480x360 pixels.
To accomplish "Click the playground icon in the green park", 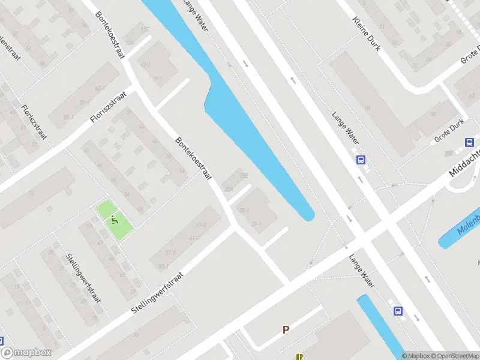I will pos(115,220).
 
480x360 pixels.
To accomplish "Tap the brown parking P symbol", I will pos(286,329).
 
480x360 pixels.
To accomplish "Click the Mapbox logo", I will pos(26,353).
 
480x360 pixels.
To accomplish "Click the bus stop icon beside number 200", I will pos(470,143).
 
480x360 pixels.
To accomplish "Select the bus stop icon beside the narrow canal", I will pos(397,311).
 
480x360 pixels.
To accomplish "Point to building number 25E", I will pos(244,175).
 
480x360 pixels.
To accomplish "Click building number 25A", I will pos(229,190).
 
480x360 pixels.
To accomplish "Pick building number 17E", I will pos(145,29).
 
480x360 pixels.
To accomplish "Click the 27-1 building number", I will pos(257,224).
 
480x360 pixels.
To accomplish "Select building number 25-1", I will pos(244,211).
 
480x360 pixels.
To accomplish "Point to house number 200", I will pos(448,154).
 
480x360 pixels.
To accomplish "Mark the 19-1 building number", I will pos(157,78).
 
